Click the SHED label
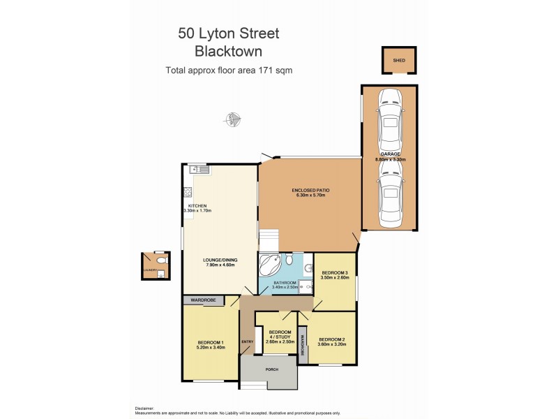(398, 60)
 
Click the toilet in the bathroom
(308, 265)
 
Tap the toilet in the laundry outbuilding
(161, 260)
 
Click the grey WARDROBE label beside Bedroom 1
(203, 300)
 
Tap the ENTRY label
(247, 341)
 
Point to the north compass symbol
(233, 120)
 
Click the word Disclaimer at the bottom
(144, 408)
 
